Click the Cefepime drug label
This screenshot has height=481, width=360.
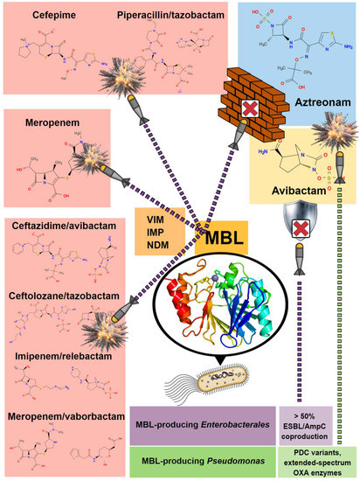[x=54, y=15]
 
